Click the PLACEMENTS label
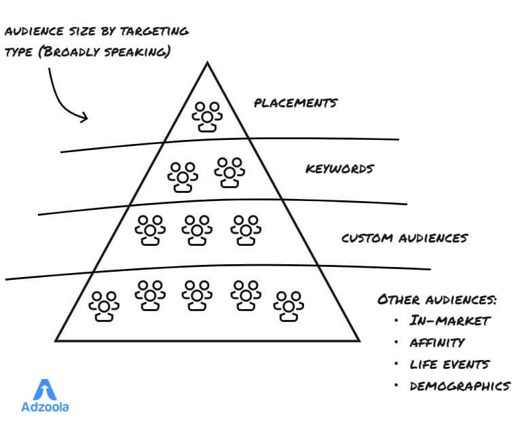295,103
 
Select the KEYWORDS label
339,168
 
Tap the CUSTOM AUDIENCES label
404,238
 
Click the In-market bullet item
449,321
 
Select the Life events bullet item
449,364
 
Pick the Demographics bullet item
460,386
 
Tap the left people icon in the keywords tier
183,176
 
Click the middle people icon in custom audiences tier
197,230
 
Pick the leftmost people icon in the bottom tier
104,306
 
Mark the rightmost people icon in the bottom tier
289,306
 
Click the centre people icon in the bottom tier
197,295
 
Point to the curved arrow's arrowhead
85,118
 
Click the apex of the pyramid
207,62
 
